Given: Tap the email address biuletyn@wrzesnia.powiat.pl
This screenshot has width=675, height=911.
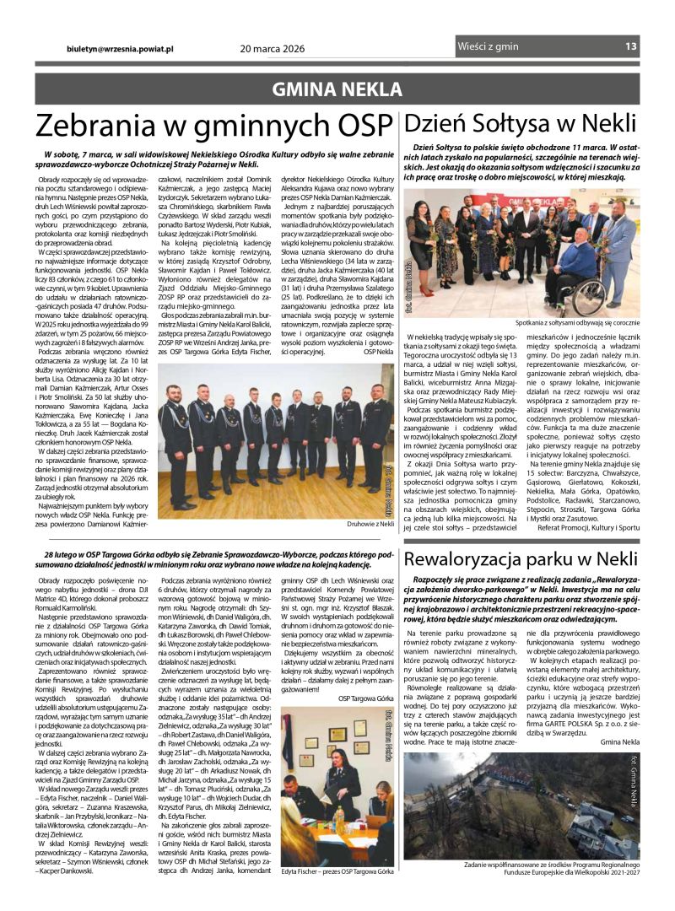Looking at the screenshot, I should [120, 48].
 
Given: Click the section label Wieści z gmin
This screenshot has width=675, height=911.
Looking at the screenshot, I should [488, 47].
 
